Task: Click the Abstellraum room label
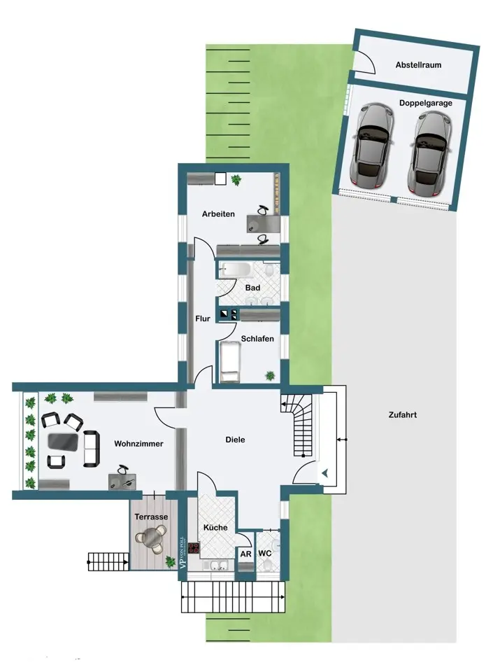tap(418, 65)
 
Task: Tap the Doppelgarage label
tap(425, 103)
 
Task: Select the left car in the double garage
tap(372, 146)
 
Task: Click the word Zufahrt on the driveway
tap(402, 415)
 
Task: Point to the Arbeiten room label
tap(218, 214)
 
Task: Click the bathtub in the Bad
tap(234, 270)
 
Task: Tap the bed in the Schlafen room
tap(229, 361)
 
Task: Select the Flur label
tap(202, 319)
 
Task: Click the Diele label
tap(235, 440)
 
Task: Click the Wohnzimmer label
tap(138, 444)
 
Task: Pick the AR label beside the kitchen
tap(245, 554)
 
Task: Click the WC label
tap(264, 553)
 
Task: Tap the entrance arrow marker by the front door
tap(325, 473)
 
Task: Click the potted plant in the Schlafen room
tap(270, 376)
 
